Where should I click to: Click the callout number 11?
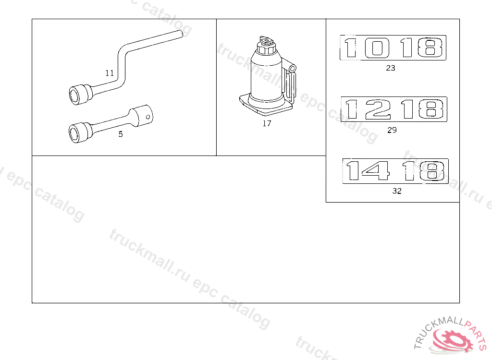tap(110, 73)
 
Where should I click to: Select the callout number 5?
tap(121, 134)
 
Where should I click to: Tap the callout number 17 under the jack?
tap(267, 123)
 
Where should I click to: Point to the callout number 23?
tap(391, 68)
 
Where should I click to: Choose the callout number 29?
tap(392, 130)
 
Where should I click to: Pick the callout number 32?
tap(397, 191)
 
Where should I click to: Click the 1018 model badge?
tap(393, 48)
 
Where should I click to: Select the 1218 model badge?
tap(394, 109)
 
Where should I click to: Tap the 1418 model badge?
tap(395, 171)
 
